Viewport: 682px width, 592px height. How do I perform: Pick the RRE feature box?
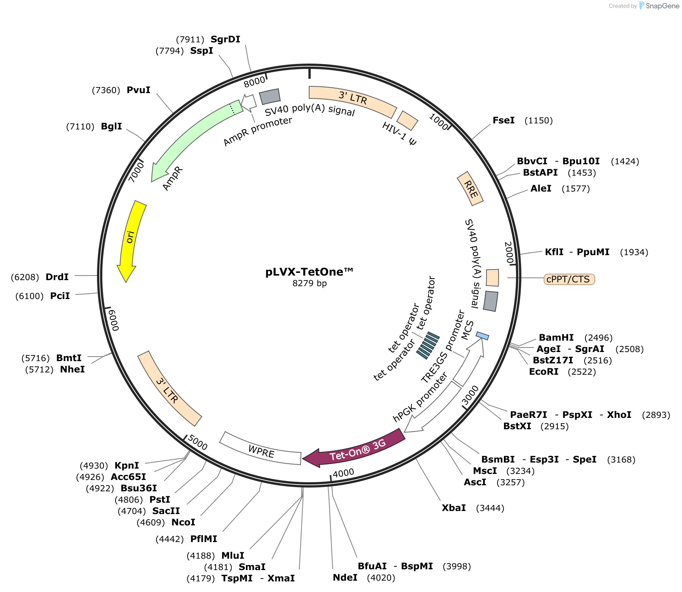470,189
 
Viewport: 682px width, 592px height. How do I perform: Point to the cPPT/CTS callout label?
569,279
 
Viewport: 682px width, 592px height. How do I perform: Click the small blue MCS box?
482,336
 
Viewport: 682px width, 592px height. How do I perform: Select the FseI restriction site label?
504,120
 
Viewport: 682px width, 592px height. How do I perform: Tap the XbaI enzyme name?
454,508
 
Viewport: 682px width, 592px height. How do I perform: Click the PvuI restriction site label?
138,90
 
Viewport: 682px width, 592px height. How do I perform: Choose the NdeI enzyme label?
345,578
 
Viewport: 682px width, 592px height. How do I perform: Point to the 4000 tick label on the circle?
343,472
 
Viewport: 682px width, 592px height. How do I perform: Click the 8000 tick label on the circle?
254,81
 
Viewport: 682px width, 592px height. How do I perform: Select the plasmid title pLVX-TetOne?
309,272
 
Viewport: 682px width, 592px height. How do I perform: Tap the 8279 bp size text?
309,284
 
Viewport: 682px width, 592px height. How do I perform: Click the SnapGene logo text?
662,6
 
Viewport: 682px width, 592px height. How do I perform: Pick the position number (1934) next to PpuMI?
634,252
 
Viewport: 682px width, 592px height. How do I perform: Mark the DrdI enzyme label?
57,277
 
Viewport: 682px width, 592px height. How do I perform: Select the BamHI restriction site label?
556,338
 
